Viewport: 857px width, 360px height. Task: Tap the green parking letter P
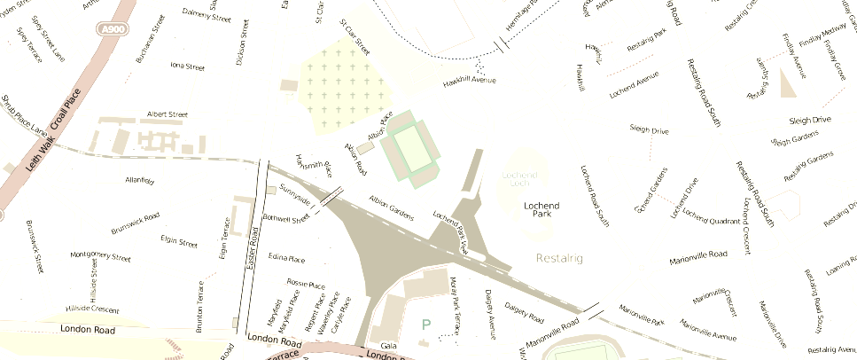pos(426,325)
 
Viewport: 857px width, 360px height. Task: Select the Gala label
pos(386,345)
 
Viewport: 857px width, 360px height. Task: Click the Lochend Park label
pos(542,210)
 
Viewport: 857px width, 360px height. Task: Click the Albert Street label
pos(168,114)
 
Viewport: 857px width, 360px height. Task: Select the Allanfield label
pos(140,180)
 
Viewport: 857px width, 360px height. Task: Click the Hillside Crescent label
pos(92,309)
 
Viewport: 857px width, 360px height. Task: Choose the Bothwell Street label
pos(286,219)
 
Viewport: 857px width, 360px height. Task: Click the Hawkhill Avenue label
pos(469,81)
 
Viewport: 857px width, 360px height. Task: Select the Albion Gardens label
pos(391,207)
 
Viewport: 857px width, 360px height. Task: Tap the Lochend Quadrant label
pos(712,218)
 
